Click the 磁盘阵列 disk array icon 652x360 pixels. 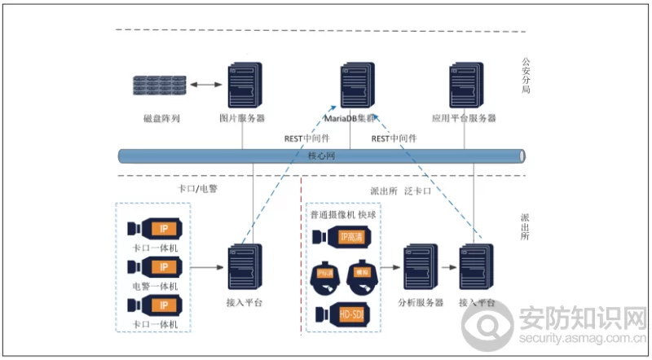(x=160, y=84)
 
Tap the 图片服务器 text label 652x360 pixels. (x=243, y=119)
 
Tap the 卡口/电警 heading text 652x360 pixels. (x=198, y=188)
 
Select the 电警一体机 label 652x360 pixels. (x=155, y=287)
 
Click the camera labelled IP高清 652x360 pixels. (x=343, y=237)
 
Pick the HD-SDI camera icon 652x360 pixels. (x=343, y=314)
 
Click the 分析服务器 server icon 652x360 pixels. (x=420, y=267)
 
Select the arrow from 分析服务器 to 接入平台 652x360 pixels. (x=447, y=266)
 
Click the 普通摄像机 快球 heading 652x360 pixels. (x=344, y=215)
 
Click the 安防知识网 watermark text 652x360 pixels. (x=581, y=317)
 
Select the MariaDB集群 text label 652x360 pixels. (x=355, y=119)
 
